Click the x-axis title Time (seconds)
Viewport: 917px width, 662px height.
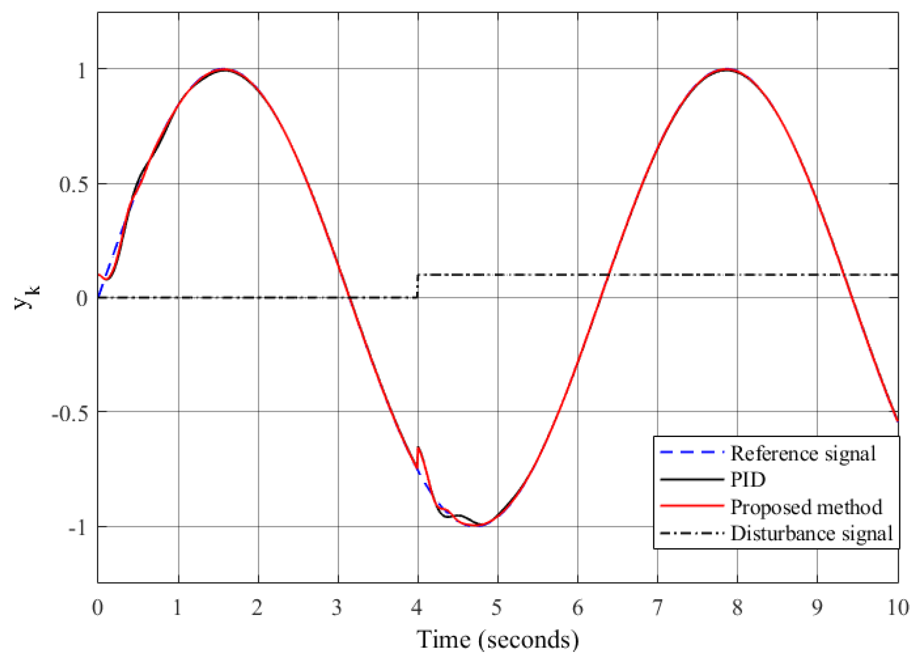(x=498, y=640)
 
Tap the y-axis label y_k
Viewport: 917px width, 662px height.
(x=27, y=298)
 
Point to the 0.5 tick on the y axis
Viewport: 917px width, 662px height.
(x=73, y=184)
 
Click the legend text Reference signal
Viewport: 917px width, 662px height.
(x=803, y=453)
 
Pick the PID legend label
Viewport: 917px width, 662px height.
(x=748, y=480)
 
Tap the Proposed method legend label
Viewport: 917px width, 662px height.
(x=806, y=507)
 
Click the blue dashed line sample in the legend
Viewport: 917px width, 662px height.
(x=692, y=453)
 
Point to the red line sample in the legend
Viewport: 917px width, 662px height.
(x=692, y=505)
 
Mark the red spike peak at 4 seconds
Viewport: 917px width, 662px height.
(x=418, y=448)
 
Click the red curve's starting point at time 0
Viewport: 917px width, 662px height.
(x=99, y=275)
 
